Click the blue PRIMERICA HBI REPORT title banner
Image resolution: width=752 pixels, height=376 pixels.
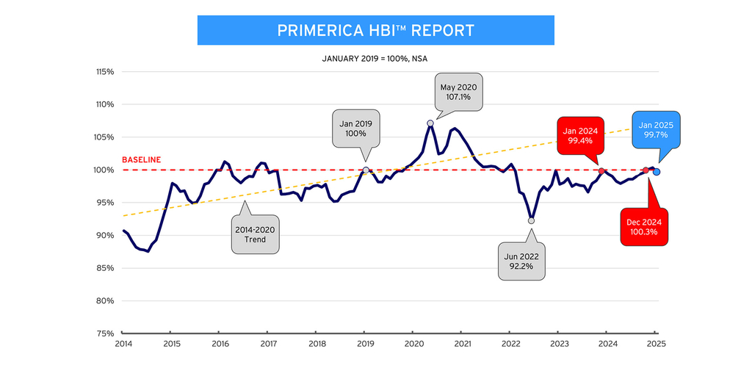pos(375,30)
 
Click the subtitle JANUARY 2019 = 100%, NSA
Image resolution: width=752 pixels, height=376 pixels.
pos(375,57)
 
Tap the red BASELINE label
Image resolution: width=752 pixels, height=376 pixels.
pos(141,159)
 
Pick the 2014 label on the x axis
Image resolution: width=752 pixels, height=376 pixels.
pos(122,343)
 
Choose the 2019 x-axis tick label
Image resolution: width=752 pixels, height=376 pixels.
pos(365,343)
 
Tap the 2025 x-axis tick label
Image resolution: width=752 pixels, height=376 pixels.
pos(656,343)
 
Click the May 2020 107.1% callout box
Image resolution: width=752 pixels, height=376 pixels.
pos(460,92)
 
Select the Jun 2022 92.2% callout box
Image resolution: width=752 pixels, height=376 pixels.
pos(522,260)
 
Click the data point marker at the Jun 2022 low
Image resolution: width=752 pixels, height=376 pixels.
pos(531,220)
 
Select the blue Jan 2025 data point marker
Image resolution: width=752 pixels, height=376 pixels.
pos(657,172)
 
